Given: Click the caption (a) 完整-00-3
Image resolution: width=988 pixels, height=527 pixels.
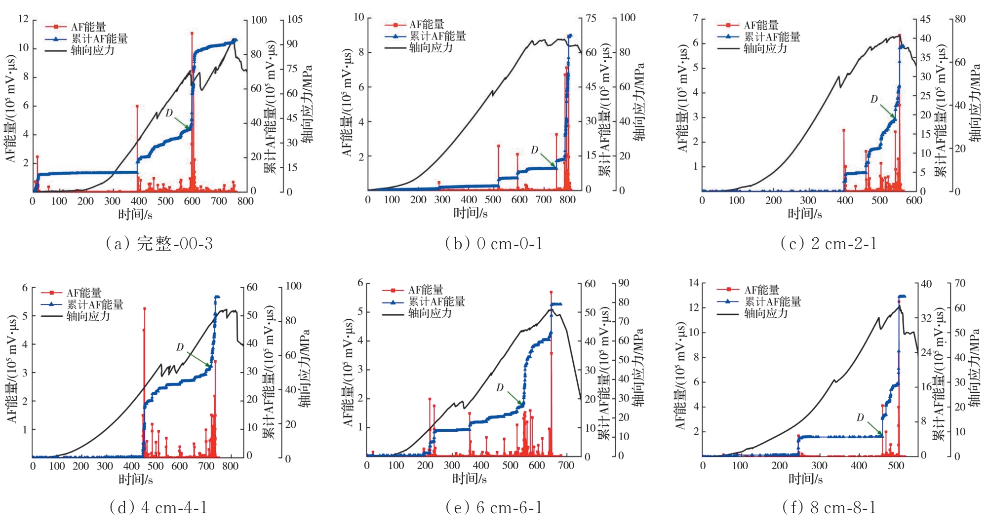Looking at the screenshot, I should [159, 243].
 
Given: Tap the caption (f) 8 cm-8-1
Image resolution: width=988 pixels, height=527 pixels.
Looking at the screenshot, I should [830, 507].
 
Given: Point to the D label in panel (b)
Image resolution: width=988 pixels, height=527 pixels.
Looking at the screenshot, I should [534, 150].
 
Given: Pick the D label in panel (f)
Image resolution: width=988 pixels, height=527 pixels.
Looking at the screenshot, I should [860, 418].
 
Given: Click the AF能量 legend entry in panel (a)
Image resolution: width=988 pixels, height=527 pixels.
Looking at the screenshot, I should [88, 27].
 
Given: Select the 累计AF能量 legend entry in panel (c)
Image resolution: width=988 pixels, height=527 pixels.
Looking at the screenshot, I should [772, 37].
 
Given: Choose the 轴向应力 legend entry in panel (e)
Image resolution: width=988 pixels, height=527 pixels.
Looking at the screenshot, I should [430, 313].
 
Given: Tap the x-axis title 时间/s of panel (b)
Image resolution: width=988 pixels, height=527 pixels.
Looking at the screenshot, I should [471, 213].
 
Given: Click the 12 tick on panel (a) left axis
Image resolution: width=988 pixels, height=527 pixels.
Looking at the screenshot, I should [23, 19].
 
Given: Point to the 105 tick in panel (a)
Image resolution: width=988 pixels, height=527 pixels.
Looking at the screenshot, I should [294, 19].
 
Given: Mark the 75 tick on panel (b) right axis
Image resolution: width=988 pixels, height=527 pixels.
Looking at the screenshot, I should [591, 18].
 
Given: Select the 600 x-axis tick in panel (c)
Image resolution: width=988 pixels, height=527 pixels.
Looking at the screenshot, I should [914, 200].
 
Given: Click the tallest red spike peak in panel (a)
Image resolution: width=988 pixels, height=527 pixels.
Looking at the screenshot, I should [192, 34].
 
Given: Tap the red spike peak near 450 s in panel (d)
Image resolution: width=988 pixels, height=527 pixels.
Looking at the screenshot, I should [144, 309].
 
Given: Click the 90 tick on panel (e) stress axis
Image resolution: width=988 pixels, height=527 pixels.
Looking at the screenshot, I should [624, 283].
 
